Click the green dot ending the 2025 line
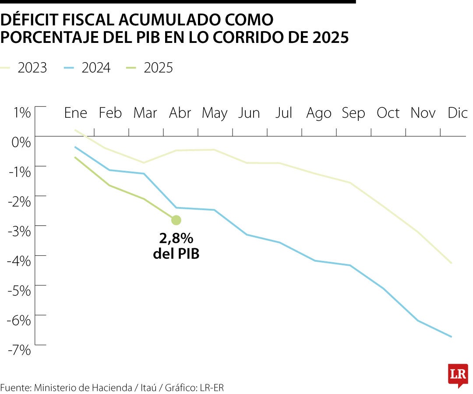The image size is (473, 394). pos(176,220)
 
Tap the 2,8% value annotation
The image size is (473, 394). pos(176,239)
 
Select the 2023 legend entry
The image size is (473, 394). pos(32,68)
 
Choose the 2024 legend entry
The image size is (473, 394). pos(95,68)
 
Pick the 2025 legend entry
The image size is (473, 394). pos(158,68)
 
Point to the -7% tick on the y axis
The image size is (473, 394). pos(19,349)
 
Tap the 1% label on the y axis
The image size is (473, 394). pos(21,113)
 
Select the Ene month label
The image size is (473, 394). pos(76,113)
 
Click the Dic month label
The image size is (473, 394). pos(458,113)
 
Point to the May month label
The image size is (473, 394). pos(215,113)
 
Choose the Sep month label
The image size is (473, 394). pos(353,113)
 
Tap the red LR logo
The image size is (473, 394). pos(458,375)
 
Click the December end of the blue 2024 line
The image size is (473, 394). pos(451,336)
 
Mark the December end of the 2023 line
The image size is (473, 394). pos(451,263)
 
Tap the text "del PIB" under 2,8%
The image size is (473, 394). pos(176,253)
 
